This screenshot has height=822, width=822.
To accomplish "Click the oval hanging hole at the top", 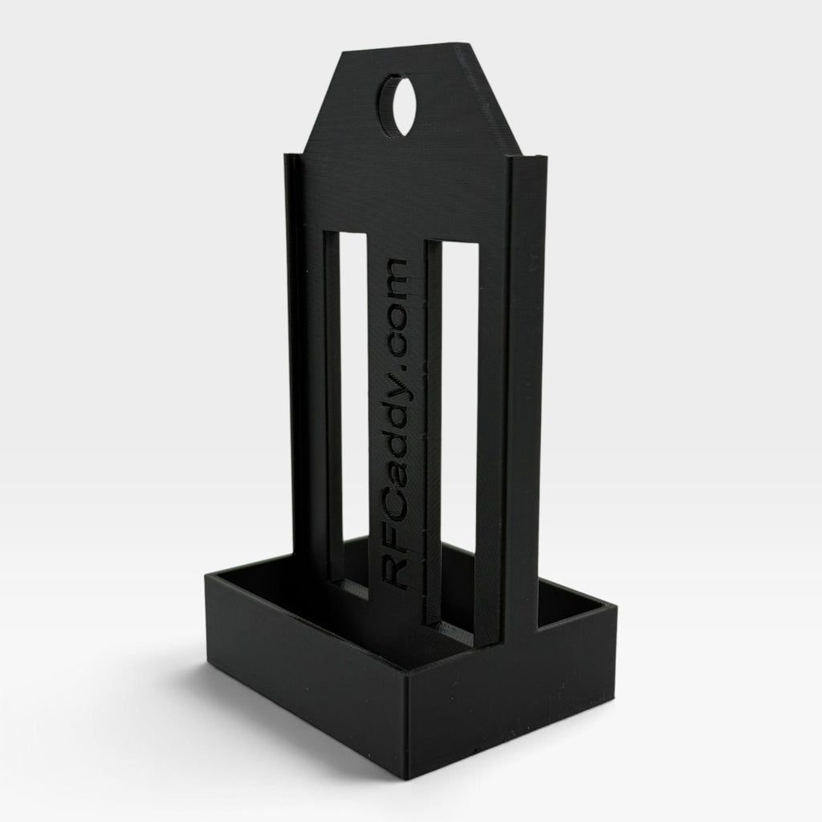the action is (397, 104).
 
